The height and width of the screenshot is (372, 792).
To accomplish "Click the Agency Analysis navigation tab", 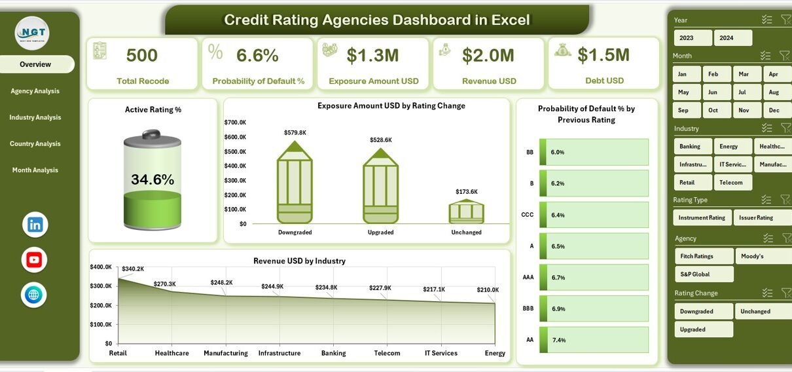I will (x=35, y=91).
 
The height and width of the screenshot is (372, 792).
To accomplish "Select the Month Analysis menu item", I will (x=35, y=170).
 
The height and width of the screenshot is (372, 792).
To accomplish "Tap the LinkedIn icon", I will (x=35, y=225).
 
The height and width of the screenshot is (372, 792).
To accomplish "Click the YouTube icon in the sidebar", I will (x=35, y=260).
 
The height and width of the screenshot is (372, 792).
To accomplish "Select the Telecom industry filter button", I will (x=732, y=182).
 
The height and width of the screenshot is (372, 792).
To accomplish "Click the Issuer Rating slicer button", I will (x=756, y=217).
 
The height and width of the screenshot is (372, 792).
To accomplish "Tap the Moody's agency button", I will (x=759, y=256).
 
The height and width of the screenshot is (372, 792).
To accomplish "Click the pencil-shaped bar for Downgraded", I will (x=295, y=183).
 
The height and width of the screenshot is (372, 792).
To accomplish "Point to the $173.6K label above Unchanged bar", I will (x=467, y=192).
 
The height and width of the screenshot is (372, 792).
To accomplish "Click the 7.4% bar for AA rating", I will (x=593, y=340).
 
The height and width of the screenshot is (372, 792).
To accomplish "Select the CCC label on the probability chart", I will (x=528, y=215).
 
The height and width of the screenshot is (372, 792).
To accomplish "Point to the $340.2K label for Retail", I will (x=132, y=269).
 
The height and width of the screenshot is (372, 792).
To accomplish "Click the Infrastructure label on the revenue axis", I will (x=279, y=353).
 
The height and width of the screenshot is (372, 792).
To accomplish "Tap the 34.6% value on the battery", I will (x=153, y=179).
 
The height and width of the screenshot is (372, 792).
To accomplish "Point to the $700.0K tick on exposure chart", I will (x=235, y=122).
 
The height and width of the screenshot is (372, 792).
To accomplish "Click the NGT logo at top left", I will (x=32, y=33).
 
